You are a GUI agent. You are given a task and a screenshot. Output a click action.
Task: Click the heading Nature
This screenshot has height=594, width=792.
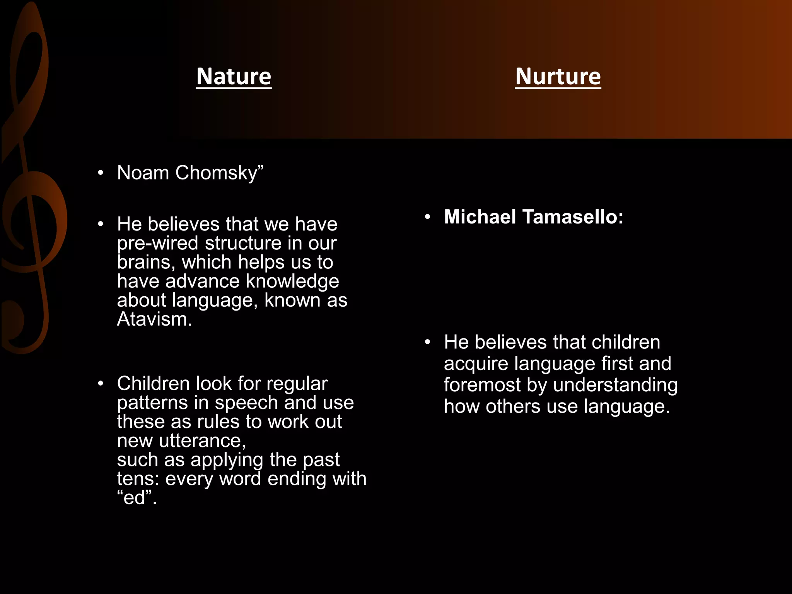pos(234,76)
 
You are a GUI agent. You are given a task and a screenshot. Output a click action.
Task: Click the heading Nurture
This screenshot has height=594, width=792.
pos(558,76)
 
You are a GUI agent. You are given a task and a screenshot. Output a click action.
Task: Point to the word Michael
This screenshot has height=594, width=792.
pos(480,217)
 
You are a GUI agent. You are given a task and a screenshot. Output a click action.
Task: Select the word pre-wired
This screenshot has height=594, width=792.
pos(157,243)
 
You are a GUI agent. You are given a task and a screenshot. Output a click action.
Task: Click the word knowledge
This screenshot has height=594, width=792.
pos(292,281)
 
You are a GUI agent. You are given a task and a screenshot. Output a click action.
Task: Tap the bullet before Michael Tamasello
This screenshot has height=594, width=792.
pos(427,217)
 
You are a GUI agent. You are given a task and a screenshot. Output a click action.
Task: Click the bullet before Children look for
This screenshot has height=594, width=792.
pos(101,384)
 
